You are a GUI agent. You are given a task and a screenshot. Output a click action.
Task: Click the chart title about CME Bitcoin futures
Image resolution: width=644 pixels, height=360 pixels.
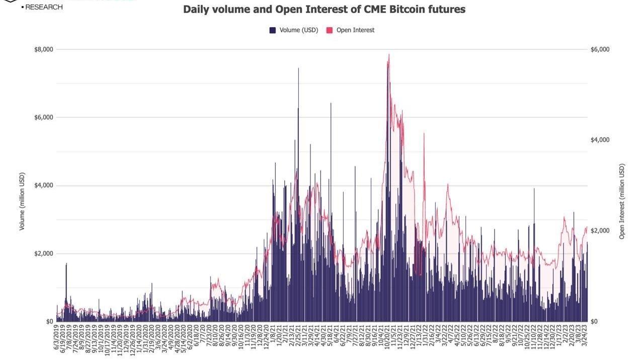[324, 10]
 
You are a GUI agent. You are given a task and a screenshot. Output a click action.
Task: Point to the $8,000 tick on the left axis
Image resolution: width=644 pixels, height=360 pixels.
[43, 49]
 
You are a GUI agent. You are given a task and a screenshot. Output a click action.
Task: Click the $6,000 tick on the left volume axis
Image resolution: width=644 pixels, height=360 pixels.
[43, 117]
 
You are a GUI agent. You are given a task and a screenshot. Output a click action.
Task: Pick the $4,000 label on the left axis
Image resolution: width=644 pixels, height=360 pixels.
[43, 186]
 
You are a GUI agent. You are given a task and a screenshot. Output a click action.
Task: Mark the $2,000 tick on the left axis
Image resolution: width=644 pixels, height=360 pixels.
[43, 253]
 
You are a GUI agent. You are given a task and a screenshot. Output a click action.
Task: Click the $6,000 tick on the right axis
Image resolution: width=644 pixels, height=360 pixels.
[600, 49]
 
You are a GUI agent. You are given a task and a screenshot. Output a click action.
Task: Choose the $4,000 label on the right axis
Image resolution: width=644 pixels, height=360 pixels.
[600, 140]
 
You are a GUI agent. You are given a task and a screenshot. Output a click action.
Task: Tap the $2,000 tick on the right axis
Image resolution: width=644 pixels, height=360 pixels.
[600, 230]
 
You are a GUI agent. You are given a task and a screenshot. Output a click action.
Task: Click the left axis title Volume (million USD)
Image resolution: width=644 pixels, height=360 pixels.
[22, 201]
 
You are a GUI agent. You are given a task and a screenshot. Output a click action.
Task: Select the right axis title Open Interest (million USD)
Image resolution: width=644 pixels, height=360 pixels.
[622, 201]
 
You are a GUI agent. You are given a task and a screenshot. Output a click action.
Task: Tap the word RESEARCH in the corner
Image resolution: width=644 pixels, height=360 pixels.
[44, 7]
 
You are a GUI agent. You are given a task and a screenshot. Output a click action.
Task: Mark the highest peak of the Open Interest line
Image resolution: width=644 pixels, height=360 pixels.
[389, 55]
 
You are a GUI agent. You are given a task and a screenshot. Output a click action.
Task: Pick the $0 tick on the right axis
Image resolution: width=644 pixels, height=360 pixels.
[594, 321]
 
